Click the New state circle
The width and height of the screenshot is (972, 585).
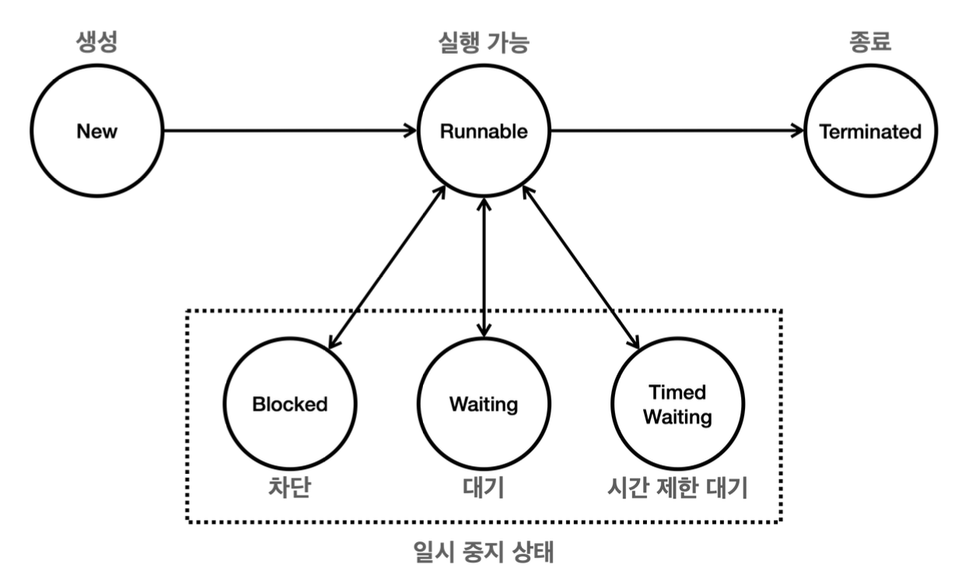point(97,131)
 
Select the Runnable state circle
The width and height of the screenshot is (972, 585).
point(484,131)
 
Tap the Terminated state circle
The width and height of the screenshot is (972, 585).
point(869,131)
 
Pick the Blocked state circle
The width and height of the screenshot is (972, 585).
point(290,405)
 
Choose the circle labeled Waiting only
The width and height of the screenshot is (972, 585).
point(484,405)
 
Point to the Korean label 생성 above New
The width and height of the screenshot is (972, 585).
point(97,42)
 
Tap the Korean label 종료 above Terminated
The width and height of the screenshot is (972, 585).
point(869,42)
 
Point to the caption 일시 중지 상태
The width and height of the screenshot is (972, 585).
point(484,553)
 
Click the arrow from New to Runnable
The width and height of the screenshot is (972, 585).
point(288,131)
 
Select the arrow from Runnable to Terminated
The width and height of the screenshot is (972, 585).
point(677,131)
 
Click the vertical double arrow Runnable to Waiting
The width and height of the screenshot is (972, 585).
point(484,268)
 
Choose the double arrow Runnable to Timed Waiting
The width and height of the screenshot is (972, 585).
point(581,268)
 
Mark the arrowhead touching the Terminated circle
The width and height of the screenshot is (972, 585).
point(798,131)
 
